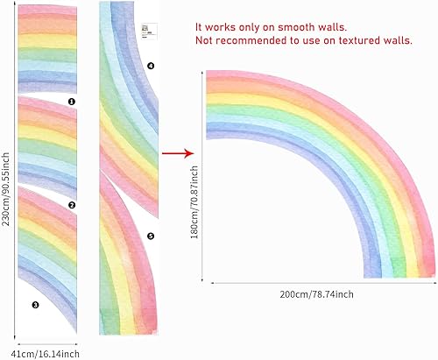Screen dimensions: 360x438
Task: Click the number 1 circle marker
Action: pos(72,102)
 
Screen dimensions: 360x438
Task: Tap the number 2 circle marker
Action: pos(72,205)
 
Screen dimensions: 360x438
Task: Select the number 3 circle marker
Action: pos(35,305)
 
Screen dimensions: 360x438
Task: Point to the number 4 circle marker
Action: pos(150,66)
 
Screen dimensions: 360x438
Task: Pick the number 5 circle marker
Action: pos(150,236)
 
